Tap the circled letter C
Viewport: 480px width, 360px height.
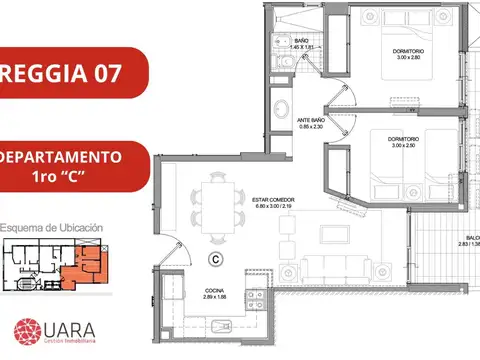pos(214,259)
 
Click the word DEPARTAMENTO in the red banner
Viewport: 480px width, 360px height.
pos(62,158)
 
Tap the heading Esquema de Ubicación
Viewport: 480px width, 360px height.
pos(52,227)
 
